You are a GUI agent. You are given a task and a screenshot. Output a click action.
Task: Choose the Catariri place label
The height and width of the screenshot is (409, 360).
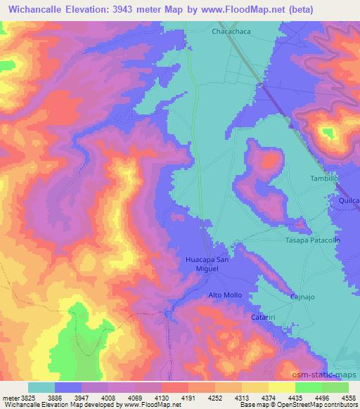265,318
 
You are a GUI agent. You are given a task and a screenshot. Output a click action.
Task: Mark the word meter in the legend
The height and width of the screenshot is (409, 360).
9,397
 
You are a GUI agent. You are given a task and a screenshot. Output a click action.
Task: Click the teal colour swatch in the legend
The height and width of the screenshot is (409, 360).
41,387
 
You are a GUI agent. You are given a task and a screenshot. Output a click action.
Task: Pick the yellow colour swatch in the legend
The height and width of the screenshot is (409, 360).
255,387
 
